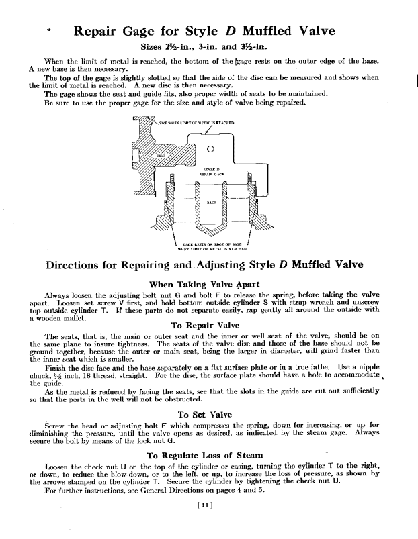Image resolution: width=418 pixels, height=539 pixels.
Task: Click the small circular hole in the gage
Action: pyautogui.click(x=210, y=148)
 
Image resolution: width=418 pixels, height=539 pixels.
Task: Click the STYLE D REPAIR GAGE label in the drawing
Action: pyautogui.click(x=210, y=170)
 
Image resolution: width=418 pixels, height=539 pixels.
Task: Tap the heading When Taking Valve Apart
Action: pyautogui.click(x=210, y=283)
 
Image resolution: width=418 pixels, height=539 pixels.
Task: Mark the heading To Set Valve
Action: pyautogui.click(x=210, y=414)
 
